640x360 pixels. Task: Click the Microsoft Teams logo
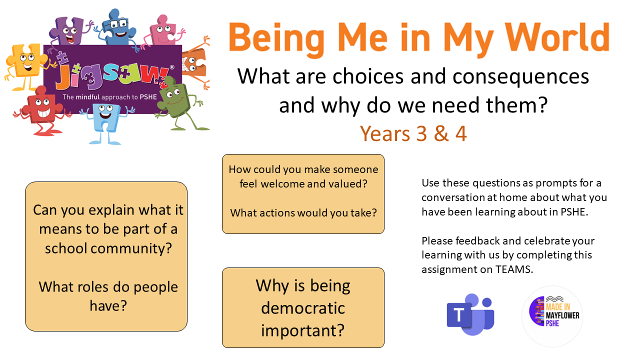click(x=470, y=314)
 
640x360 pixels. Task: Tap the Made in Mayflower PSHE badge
click(x=552, y=316)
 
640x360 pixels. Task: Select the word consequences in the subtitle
click(x=520, y=76)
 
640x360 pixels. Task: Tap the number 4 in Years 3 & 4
click(x=461, y=133)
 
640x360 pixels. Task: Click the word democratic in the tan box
click(x=303, y=308)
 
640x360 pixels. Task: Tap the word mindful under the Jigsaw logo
click(x=87, y=97)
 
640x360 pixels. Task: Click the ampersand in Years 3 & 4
click(x=441, y=133)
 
